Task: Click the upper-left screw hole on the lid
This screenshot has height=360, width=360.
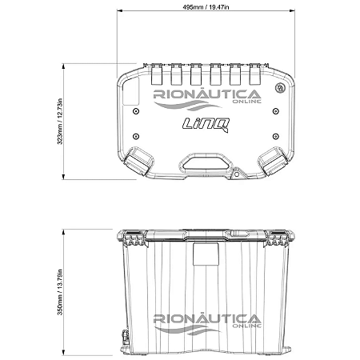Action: [x=136, y=114]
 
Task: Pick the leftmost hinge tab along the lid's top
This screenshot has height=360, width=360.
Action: [x=155, y=74]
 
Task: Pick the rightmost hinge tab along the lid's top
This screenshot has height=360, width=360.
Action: [x=256, y=74]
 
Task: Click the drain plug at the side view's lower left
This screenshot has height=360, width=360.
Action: [x=126, y=338]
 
